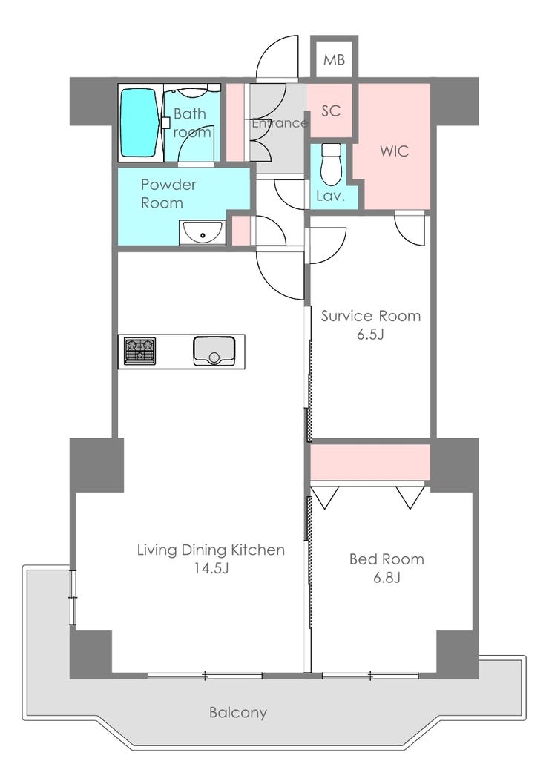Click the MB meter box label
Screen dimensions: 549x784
tap(334, 60)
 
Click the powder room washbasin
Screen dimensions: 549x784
tap(203, 233)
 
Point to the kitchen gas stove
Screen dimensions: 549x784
tap(139, 351)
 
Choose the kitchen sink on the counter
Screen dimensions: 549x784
tap(214, 351)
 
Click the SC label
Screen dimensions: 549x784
tap(330, 111)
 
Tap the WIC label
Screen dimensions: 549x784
tap(395, 151)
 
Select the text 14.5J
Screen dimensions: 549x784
tap(211, 568)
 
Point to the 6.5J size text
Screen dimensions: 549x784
tap(370, 335)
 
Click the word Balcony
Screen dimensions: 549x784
tap(238, 712)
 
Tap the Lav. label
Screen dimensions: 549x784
tap(330, 196)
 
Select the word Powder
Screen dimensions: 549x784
tap(168, 185)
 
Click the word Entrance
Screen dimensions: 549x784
tap(280, 123)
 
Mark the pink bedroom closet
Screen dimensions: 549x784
tap(370, 462)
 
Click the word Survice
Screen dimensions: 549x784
tap(346, 316)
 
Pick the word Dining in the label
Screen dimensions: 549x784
tap(204, 550)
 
